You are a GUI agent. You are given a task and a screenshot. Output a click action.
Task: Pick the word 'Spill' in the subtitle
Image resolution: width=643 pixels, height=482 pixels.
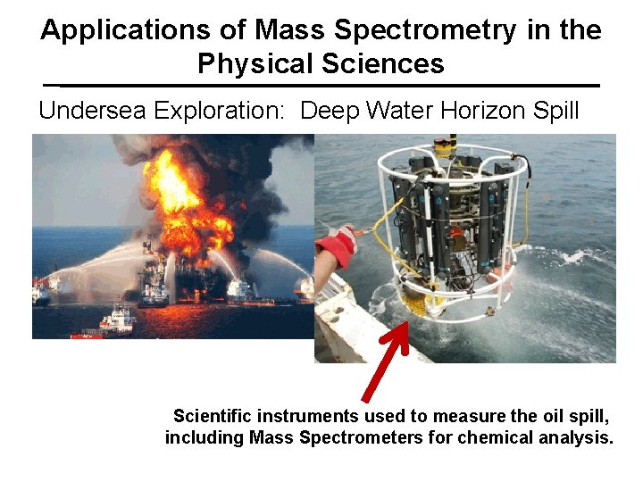[557, 112]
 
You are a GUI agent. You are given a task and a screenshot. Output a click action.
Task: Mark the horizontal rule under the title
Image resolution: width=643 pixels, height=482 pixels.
[321, 86]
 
